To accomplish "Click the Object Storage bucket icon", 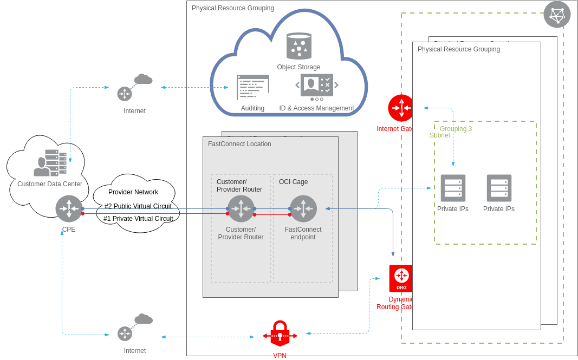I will pyautogui.click(x=298, y=46).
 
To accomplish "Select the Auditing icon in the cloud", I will pyautogui.click(x=252, y=87).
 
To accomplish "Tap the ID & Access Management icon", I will pyautogui.click(x=316, y=86).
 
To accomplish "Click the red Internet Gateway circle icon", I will pyautogui.click(x=401, y=108).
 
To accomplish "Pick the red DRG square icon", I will pyautogui.click(x=401, y=278).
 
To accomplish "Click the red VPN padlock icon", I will pyautogui.click(x=280, y=334).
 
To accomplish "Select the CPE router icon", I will pyautogui.click(x=69, y=208).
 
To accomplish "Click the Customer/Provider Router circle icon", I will pyautogui.click(x=241, y=208).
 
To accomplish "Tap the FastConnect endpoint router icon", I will pyautogui.click(x=303, y=208).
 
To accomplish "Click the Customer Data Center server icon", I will pyautogui.click(x=50, y=163).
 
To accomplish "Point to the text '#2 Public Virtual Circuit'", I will pyautogui.click(x=138, y=206).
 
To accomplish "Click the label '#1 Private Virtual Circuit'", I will pyautogui.click(x=138, y=219).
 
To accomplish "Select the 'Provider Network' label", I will pyautogui.click(x=133, y=192).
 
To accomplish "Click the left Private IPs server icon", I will pyautogui.click(x=453, y=188).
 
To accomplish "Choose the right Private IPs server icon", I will pyautogui.click(x=499, y=188).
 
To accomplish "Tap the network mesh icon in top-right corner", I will pyautogui.click(x=557, y=15).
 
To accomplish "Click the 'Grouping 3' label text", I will pyautogui.click(x=456, y=129).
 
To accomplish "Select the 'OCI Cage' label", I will pyautogui.click(x=293, y=182).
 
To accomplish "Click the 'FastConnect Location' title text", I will pyautogui.click(x=239, y=144).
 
